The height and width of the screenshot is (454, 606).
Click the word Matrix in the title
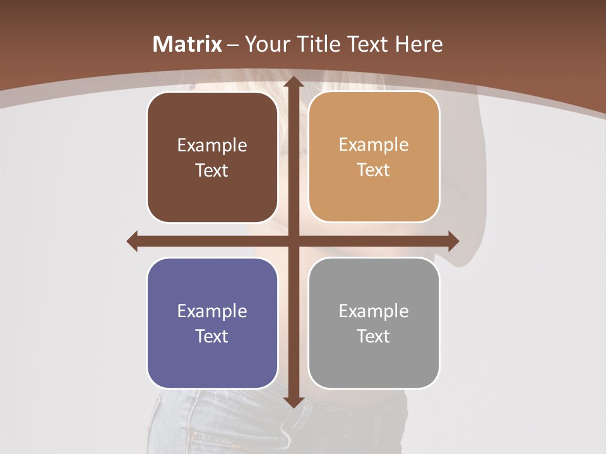[x=187, y=44]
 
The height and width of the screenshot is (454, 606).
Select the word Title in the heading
[x=313, y=44]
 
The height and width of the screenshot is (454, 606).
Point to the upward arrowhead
[x=293, y=82]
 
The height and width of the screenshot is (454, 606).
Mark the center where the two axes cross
[x=293, y=241]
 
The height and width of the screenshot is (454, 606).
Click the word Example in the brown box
[x=212, y=146]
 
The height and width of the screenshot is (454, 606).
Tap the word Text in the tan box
[x=374, y=170]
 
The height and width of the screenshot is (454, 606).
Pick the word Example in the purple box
[x=212, y=311]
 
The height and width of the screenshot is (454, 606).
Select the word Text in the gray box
[x=374, y=336]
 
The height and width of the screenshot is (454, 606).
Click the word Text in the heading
[x=366, y=44]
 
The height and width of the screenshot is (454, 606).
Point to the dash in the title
[x=233, y=45]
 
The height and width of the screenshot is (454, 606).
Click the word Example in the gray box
[x=374, y=311]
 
